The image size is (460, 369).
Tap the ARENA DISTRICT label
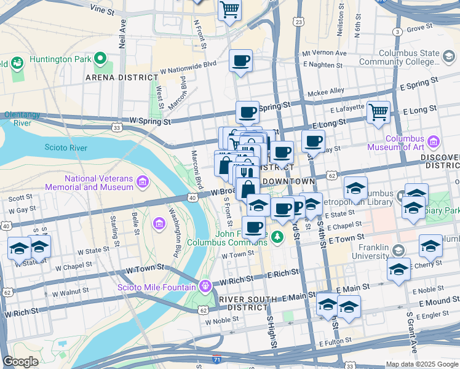coord(122,77)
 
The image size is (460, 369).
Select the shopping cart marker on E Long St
coord(379,112)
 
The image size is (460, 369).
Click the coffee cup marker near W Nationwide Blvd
coord(240,61)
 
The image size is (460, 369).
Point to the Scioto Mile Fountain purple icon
coord(205,286)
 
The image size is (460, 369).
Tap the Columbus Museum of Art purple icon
coord(434,142)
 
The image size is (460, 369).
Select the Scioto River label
coord(66,148)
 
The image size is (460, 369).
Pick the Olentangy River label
coord(26,118)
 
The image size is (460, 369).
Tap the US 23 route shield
coord(299,22)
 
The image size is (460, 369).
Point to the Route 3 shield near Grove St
coord(398,31)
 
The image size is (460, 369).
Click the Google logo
coord(21,362)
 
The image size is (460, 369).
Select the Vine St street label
coord(103,10)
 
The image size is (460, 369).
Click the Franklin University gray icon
coord(399,250)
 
